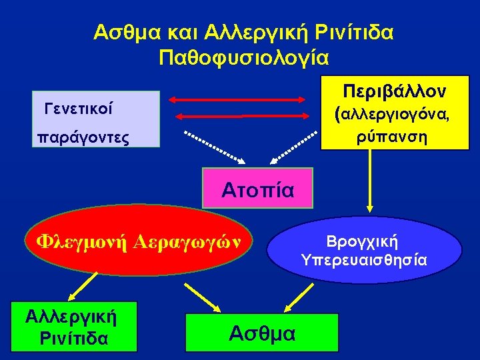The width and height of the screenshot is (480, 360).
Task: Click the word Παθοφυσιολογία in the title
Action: point(244,58)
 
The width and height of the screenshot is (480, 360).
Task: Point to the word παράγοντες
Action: point(83,138)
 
